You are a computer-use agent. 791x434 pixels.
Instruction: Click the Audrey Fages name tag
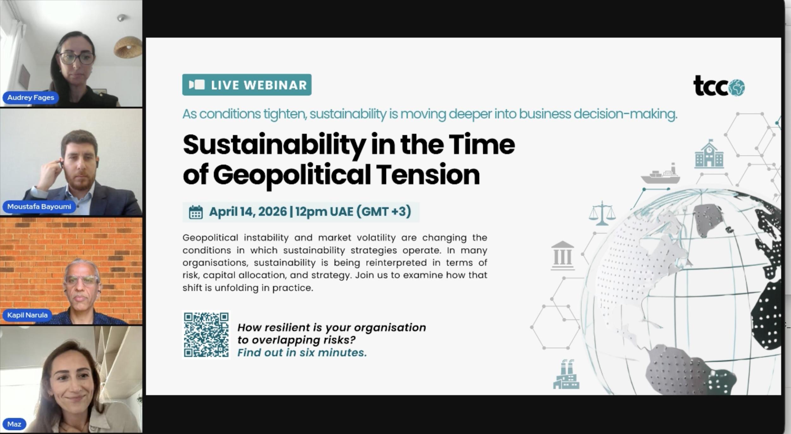tap(30, 97)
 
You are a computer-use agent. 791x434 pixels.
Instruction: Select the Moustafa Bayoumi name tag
tap(39, 207)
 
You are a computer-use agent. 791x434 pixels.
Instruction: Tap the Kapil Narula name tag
tap(27, 315)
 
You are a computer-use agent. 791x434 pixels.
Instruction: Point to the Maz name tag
tap(14, 424)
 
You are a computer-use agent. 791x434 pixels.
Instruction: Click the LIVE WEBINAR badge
tap(247, 85)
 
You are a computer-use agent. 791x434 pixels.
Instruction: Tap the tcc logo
tap(719, 86)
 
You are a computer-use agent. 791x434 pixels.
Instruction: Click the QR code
tap(206, 335)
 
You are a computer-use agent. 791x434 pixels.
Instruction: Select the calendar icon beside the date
tap(196, 212)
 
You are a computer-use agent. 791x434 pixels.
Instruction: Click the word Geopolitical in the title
tap(292, 175)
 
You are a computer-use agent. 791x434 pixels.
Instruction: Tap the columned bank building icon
tap(562, 255)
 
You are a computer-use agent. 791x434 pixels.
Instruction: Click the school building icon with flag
tap(709, 154)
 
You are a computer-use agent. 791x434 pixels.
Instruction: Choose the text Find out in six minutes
tap(302, 353)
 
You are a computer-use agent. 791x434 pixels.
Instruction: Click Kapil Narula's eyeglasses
tap(82, 280)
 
